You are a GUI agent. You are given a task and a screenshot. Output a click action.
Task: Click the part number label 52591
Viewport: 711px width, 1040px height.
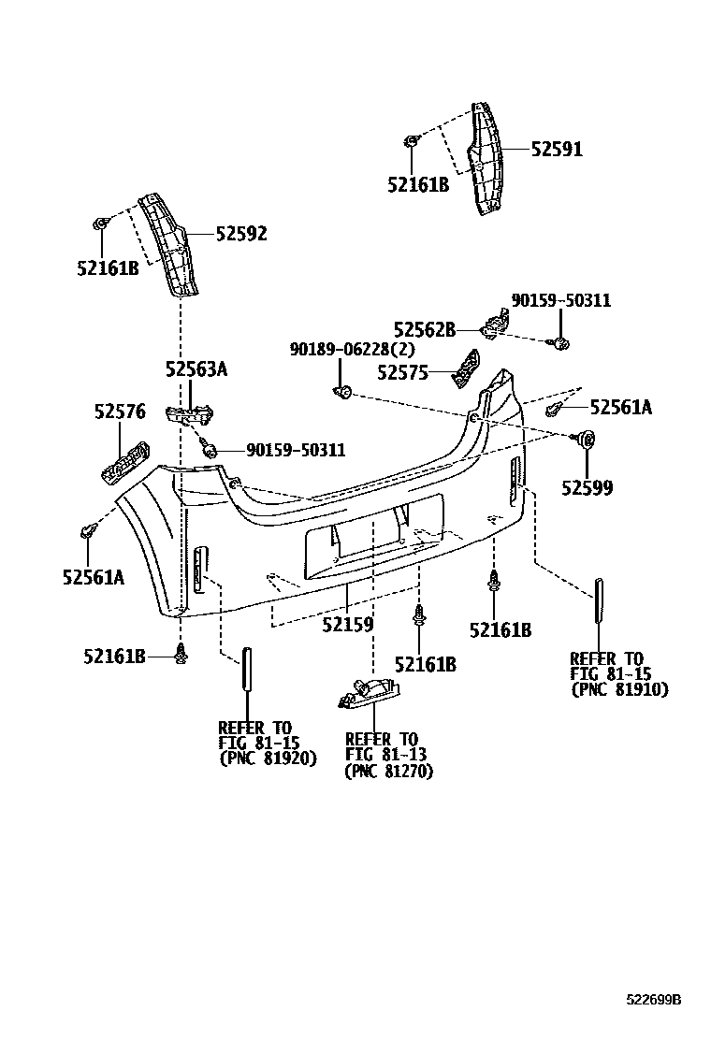[557, 149]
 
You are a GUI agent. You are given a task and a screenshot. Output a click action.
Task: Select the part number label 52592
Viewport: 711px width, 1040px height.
[241, 234]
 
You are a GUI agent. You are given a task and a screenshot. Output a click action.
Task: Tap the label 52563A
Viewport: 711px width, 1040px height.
[196, 369]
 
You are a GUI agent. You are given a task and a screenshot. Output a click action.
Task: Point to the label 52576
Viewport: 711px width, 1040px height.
[120, 411]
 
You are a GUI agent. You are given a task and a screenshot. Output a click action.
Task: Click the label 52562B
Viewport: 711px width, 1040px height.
[424, 329]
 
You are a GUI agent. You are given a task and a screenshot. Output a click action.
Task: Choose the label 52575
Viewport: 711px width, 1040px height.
[402, 372]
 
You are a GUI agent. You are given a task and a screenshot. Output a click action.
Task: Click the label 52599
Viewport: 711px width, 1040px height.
[588, 487]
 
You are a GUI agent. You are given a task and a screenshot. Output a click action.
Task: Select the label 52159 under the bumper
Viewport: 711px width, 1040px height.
[348, 624]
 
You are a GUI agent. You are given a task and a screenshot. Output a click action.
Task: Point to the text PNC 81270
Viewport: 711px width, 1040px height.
[389, 772]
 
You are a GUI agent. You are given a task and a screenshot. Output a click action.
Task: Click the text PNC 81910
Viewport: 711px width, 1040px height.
[619, 689]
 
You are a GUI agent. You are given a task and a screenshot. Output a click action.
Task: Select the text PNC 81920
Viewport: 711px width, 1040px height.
[268, 758]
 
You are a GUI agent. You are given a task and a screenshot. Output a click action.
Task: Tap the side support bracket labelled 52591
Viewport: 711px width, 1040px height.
[485, 159]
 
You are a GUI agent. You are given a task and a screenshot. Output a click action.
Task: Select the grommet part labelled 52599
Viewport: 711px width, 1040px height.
[588, 439]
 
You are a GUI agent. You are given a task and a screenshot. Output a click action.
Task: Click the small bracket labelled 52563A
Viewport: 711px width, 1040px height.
[190, 414]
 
